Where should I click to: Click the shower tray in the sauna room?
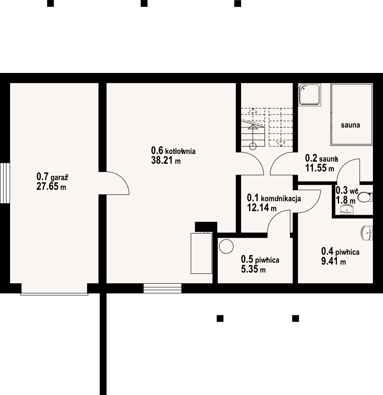310,94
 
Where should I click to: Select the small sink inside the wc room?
347,210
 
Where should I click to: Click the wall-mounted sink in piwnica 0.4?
367,233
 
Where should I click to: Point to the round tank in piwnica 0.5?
226,246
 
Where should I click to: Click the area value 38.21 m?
166,160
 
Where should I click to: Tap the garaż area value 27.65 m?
51,187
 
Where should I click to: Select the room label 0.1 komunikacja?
274,198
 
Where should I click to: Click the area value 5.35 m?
253,269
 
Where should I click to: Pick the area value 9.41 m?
333,261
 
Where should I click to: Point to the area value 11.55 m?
320,168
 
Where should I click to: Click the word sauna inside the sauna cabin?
350,125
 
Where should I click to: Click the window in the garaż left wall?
5,183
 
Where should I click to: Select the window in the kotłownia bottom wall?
162,288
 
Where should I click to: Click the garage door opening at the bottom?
54,289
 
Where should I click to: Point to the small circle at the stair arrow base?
253,146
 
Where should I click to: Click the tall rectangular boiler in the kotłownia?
201,253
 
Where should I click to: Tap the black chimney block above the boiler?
206,227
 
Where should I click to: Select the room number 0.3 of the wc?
341,190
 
